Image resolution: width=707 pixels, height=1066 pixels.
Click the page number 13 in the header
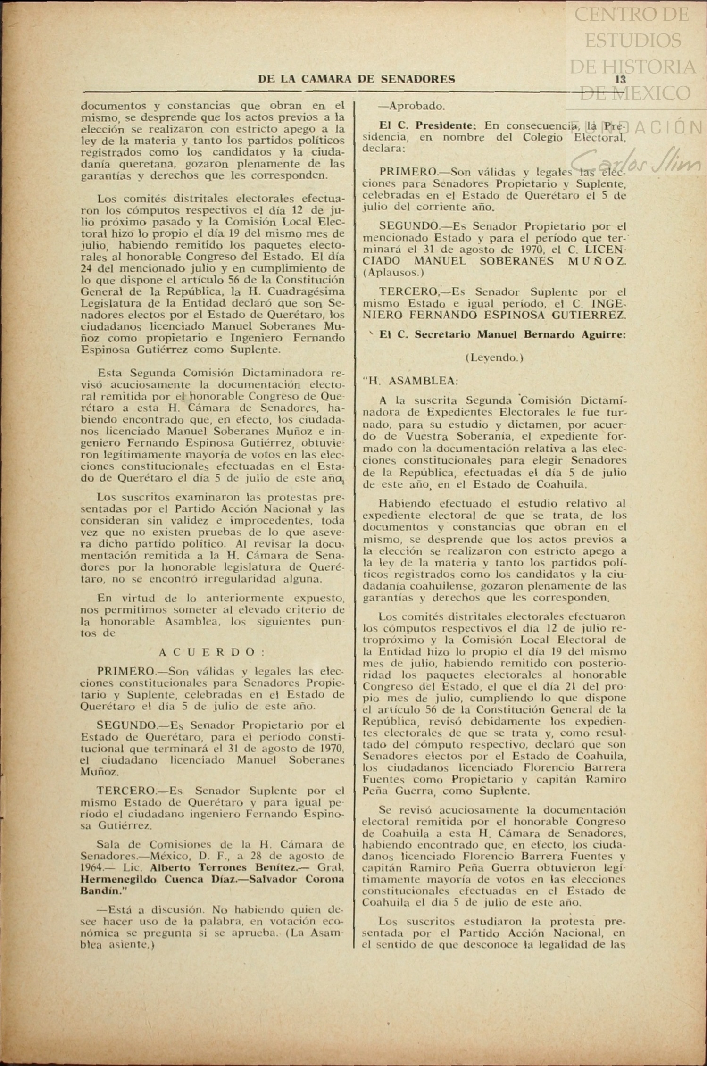tap(620, 79)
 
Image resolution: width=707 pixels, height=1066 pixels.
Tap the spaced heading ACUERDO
tap(211, 652)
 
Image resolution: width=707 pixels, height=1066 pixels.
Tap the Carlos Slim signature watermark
tap(637, 159)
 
